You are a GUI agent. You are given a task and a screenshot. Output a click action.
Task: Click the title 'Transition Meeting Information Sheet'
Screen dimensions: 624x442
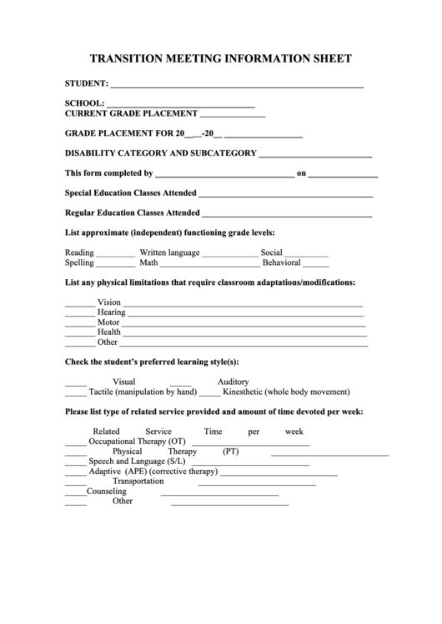220,58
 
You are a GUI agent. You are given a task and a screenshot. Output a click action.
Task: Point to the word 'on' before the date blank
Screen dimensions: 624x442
302,174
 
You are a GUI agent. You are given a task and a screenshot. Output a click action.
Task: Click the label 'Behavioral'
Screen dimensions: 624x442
281,262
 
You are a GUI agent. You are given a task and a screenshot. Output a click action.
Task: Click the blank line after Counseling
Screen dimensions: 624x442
219,494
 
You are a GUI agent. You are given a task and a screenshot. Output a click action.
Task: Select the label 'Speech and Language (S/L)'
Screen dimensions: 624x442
137,461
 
